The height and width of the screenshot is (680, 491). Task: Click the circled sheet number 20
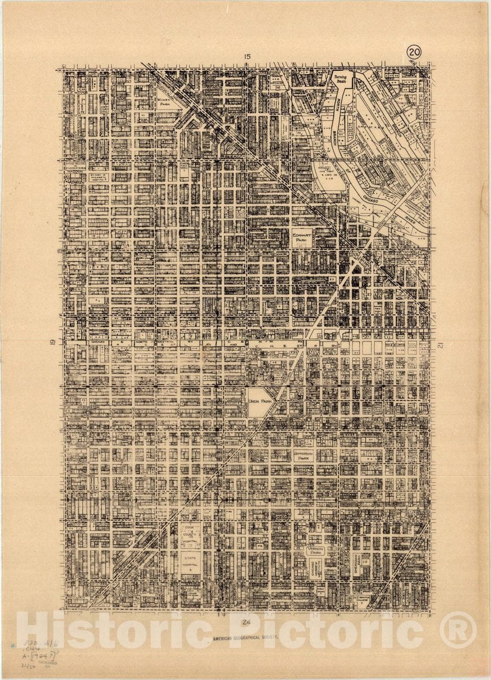point(413,53)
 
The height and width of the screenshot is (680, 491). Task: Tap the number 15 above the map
point(247,56)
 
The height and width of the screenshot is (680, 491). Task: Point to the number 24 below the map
point(246,622)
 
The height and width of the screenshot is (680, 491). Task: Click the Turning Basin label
point(340,79)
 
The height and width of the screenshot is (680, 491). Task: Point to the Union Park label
point(260,401)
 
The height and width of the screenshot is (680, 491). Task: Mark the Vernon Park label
point(315,550)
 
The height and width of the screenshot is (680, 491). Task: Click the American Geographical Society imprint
point(246,637)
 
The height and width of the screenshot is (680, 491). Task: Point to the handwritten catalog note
point(40,652)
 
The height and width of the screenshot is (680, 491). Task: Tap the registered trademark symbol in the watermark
point(458,630)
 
